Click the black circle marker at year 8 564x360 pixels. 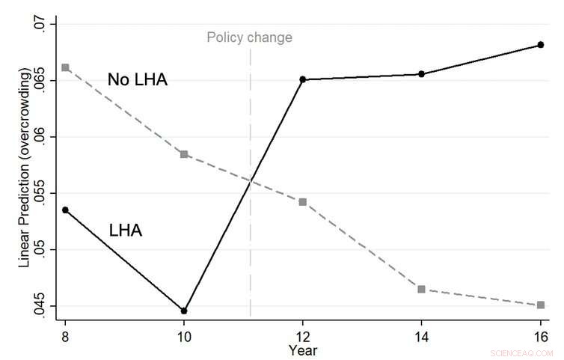[x=65, y=210]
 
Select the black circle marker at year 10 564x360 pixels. [x=184, y=311]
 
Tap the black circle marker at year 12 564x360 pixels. [x=303, y=79]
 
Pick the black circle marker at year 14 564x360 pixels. [x=421, y=74]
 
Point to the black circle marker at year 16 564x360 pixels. [x=540, y=45]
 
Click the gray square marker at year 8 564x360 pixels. [x=65, y=67]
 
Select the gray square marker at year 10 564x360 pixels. [x=184, y=154]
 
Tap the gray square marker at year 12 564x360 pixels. [x=303, y=202]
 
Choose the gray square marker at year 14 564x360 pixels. [x=421, y=289]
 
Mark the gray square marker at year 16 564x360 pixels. [x=540, y=305]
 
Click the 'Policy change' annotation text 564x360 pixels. [x=249, y=37]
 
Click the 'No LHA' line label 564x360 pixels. [x=138, y=80]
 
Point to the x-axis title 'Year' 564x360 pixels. [x=303, y=350]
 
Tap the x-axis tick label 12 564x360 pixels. [x=303, y=335]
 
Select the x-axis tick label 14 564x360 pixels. [x=421, y=335]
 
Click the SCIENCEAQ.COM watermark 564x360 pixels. [x=521, y=353]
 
